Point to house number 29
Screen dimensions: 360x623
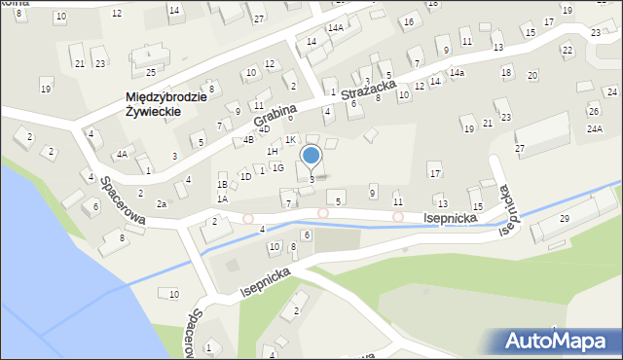[x=564, y=219]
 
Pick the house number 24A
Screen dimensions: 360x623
[x=594, y=128]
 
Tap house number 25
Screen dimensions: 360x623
[x=150, y=72]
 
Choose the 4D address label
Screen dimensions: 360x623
[x=264, y=129]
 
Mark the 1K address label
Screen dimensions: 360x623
[x=290, y=140]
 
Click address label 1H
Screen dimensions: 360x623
[x=273, y=152]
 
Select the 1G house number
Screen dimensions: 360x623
[x=277, y=168]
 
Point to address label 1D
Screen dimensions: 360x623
[x=246, y=176]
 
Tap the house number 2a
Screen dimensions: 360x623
[x=163, y=203]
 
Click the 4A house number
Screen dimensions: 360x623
[x=122, y=154]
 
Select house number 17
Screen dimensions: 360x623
[x=434, y=173]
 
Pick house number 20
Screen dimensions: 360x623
[x=532, y=75]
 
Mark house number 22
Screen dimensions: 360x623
[x=567, y=49]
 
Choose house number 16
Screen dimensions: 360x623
[x=408, y=21]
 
